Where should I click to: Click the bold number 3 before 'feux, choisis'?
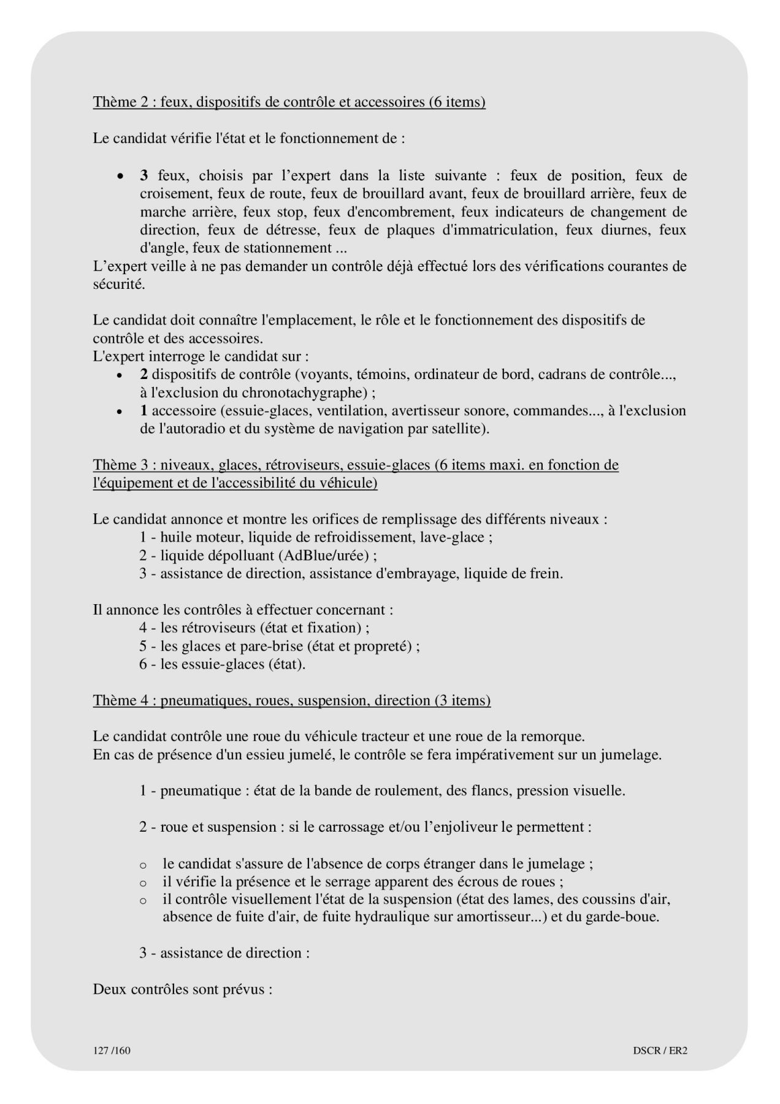(144, 176)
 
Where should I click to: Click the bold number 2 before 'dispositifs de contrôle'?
(143, 374)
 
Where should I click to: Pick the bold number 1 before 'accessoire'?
(143, 410)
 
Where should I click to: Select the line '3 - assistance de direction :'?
(224, 953)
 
